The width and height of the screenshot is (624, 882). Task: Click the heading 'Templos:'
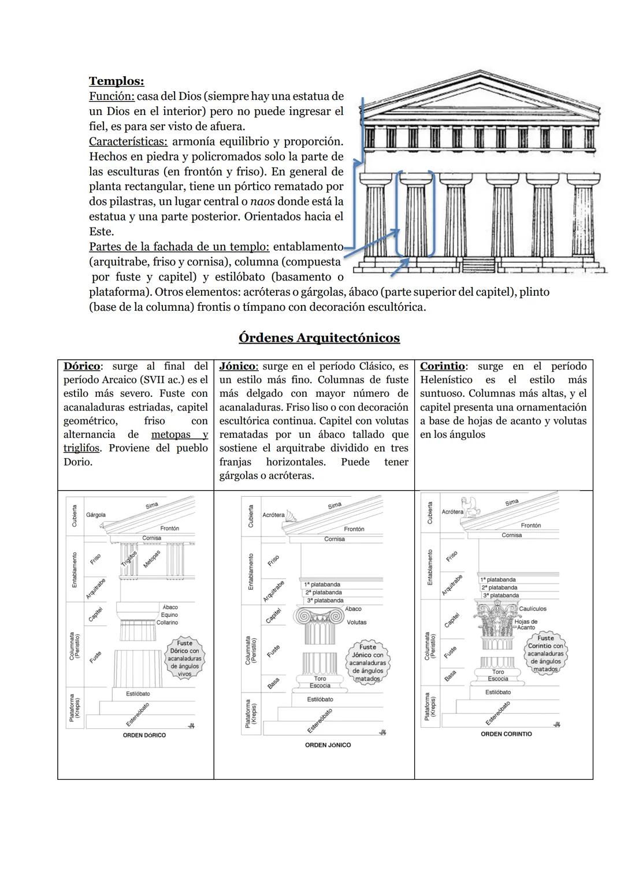tap(116, 81)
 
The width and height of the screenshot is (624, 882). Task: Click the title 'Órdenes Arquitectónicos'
tap(319, 338)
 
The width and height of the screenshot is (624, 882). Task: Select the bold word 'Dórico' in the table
tap(81, 366)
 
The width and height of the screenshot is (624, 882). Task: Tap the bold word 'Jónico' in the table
tap(238, 366)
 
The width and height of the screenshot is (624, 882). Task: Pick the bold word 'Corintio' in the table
tap(442, 366)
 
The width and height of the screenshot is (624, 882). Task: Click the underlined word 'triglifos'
tap(81, 448)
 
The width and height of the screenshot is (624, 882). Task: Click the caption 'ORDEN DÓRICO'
tap(144, 735)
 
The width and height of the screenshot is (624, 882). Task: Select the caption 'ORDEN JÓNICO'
tap(328, 745)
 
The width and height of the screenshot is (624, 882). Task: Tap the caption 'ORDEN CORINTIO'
tap(506, 734)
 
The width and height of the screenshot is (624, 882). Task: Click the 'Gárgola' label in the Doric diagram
tap(95, 515)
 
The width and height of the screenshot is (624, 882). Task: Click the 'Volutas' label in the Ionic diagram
tap(356, 623)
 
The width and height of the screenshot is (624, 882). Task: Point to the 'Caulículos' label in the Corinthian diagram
tap(532, 609)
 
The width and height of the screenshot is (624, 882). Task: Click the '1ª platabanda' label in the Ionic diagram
tap(322, 585)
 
